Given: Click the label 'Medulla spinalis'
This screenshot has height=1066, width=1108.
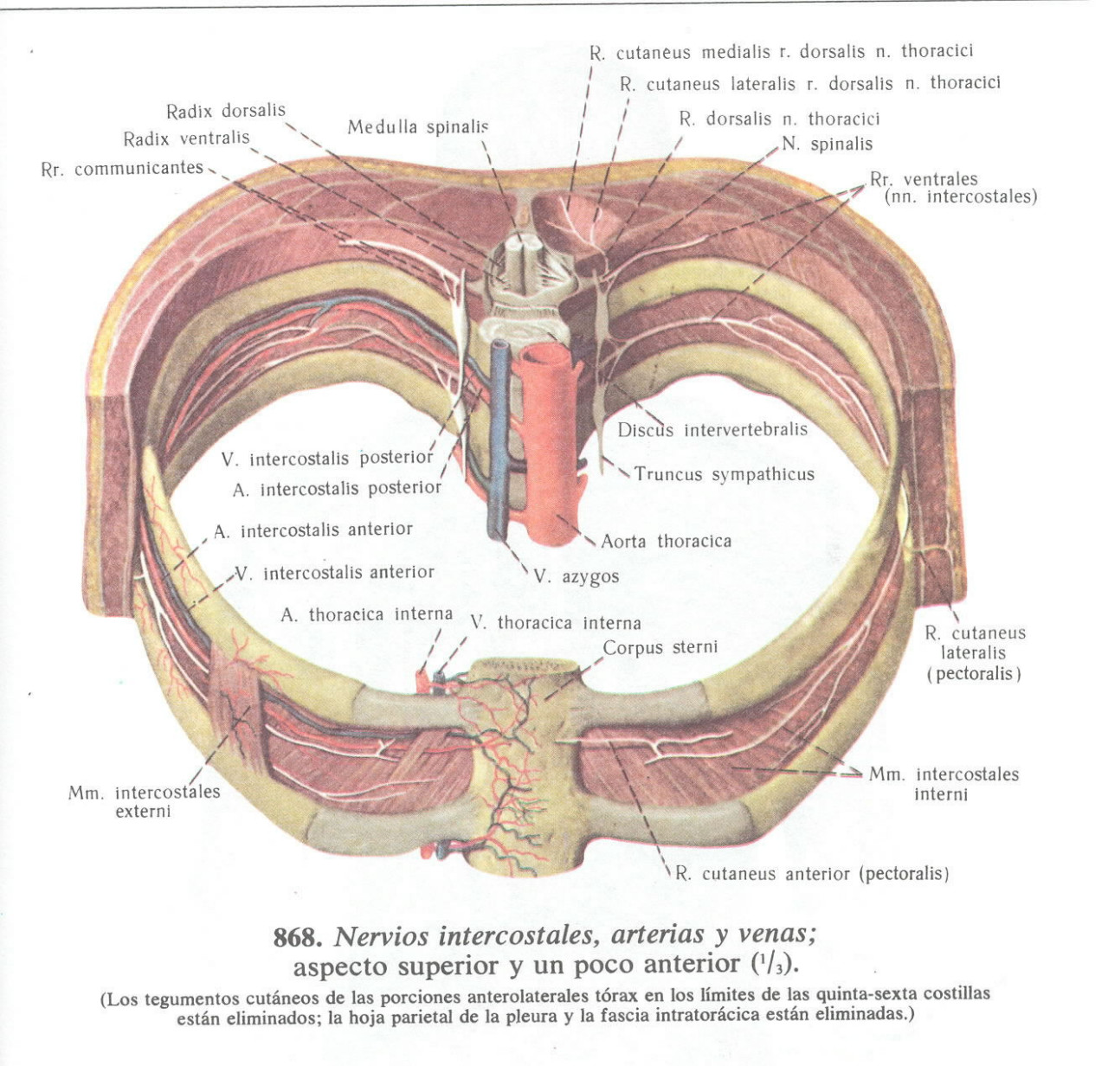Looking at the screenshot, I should (418, 127).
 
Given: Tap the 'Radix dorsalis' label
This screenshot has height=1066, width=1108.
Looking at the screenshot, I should (225, 111).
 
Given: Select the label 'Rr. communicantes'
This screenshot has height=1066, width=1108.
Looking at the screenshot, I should (122, 169).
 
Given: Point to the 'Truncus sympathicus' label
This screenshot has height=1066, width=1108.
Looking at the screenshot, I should (724, 474).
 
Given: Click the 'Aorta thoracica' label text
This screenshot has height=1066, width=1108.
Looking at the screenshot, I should (666, 542).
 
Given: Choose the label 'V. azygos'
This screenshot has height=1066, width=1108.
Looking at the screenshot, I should (576, 576).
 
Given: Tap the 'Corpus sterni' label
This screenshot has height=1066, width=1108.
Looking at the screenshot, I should (660, 647).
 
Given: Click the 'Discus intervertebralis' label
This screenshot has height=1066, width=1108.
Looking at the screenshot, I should (712, 429).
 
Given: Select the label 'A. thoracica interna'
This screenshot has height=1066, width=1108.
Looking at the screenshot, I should (366, 614).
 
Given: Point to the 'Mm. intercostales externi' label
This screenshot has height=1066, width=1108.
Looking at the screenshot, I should (144, 801).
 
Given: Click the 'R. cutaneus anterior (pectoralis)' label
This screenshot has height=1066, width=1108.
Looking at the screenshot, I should (812, 874).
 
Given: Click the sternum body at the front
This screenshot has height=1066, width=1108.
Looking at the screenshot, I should (519, 761).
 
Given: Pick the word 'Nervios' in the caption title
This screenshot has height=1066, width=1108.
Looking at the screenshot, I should (383, 936).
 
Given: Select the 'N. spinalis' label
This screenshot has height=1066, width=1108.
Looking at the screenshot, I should (827, 144).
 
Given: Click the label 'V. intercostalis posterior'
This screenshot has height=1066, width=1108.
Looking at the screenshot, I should (326, 458).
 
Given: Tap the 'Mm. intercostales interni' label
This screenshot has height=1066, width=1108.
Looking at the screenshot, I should (944, 783).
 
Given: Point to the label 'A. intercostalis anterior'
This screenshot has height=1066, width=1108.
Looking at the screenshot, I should (313, 530).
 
